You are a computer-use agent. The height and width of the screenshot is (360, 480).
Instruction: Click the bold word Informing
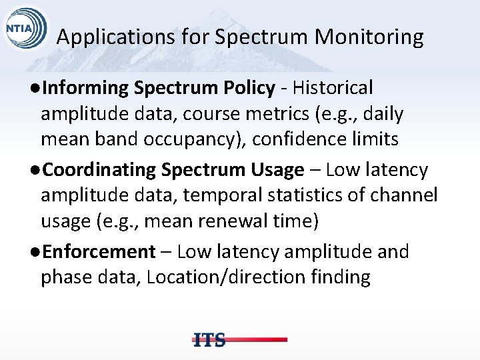tap(86, 88)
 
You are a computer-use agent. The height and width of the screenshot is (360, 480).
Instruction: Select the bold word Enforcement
tap(98, 252)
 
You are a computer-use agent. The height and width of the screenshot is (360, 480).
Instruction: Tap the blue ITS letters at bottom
tap(209, 340)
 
